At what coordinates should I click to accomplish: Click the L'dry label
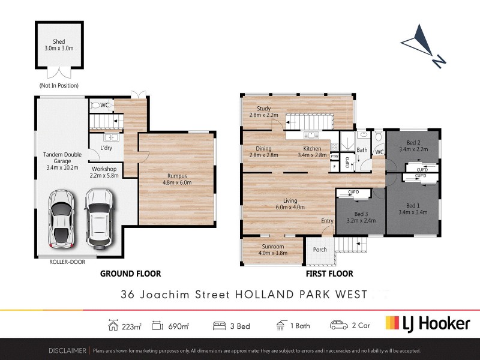pos(107,148)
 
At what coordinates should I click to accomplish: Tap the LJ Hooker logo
pos(427,324)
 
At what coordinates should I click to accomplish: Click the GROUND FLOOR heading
pos(130,274)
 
